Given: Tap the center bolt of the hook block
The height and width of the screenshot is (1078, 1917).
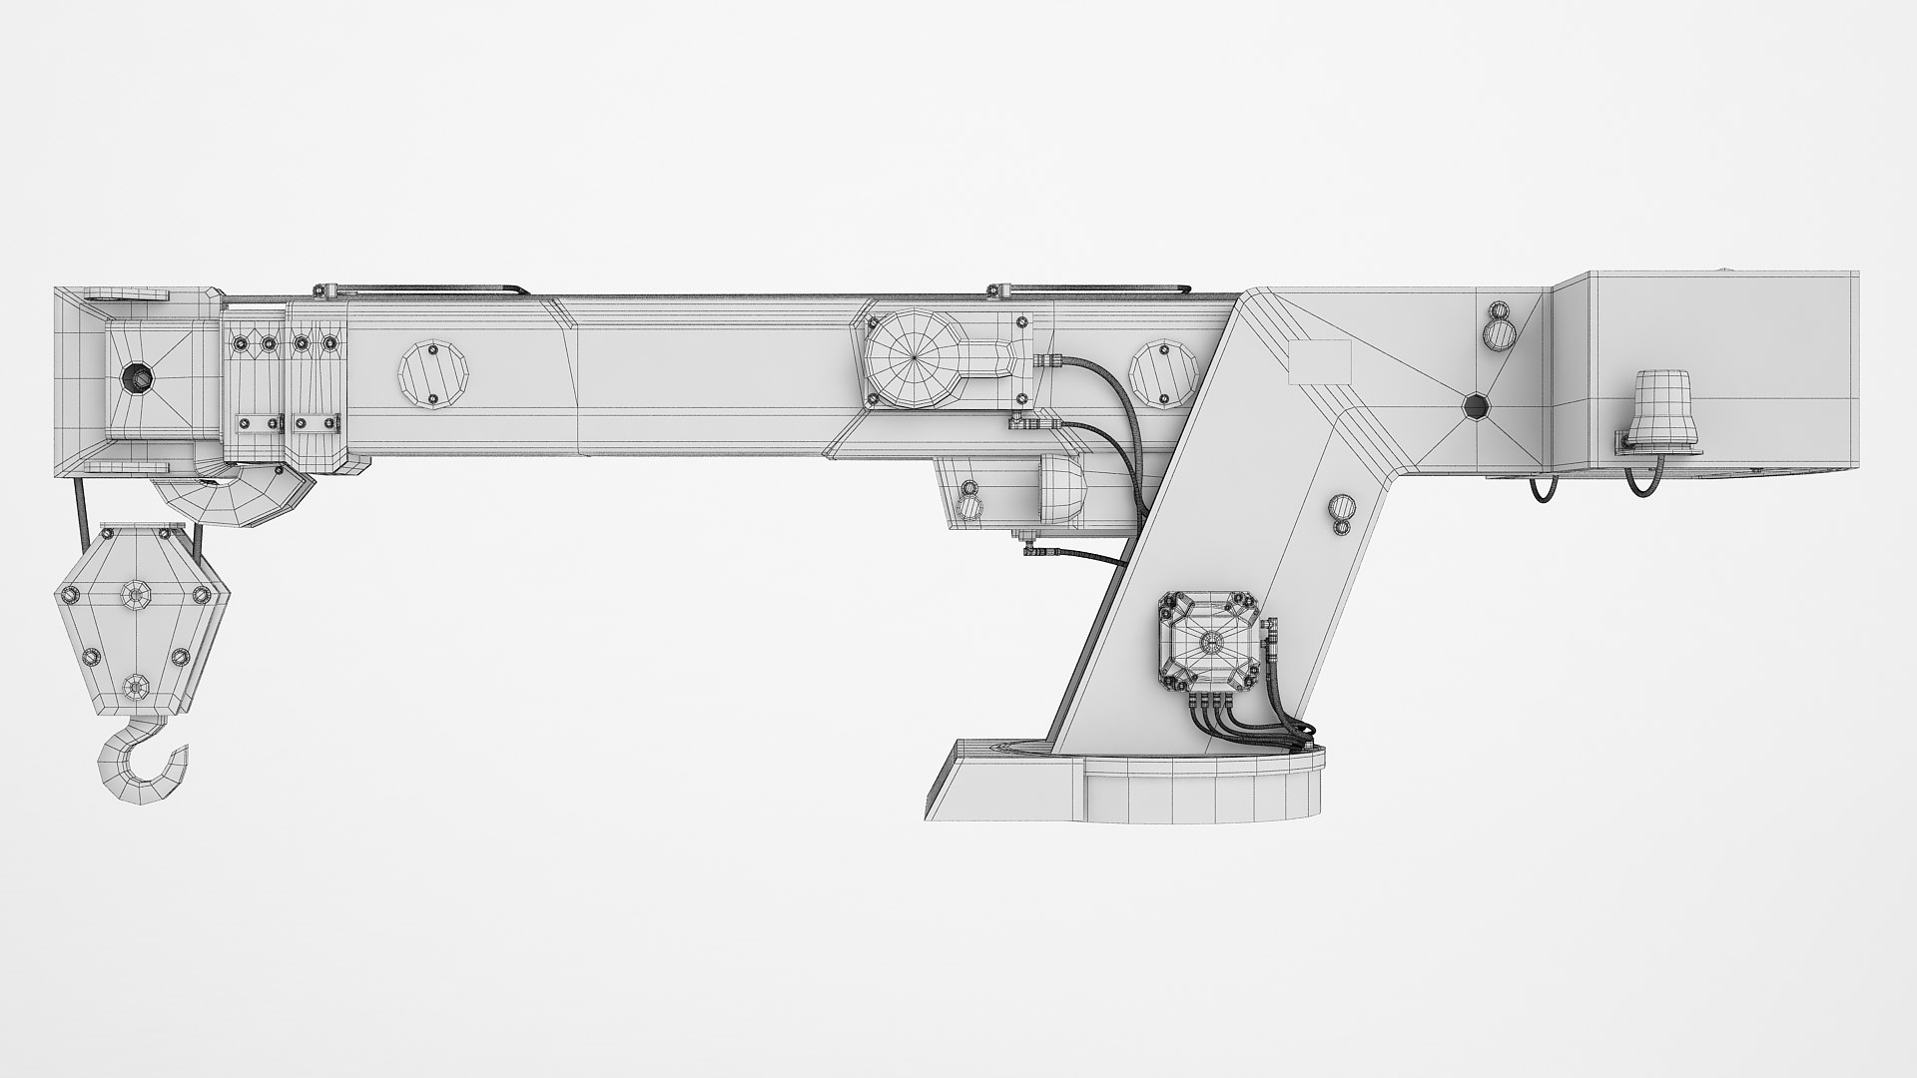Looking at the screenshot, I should click(135, 596).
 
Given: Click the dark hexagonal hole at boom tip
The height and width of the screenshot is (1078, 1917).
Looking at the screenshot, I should click(135, 378).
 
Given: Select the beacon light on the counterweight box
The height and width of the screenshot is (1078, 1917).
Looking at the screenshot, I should click(1658, 407).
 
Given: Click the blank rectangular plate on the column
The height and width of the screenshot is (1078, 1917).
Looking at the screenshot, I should click(1319, 362).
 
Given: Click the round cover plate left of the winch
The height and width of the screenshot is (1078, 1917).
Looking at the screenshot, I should click(433, 375).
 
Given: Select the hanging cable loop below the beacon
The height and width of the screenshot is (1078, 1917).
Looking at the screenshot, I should click(1640, 484).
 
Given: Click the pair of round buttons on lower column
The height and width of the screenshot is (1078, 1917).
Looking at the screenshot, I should click(1340, 514).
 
